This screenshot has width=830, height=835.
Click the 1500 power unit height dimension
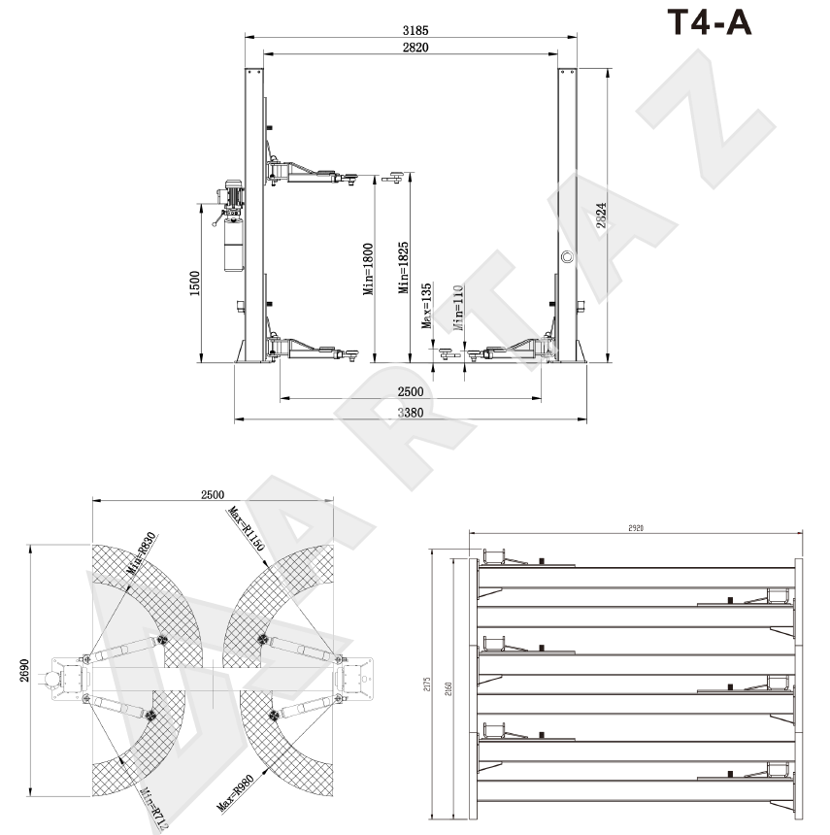(x=195, y=285)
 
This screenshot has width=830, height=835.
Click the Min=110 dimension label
(x=456, y=310)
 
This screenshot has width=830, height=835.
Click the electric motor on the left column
(x=234, y=193)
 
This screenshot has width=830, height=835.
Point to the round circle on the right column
(x=567, y=256)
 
